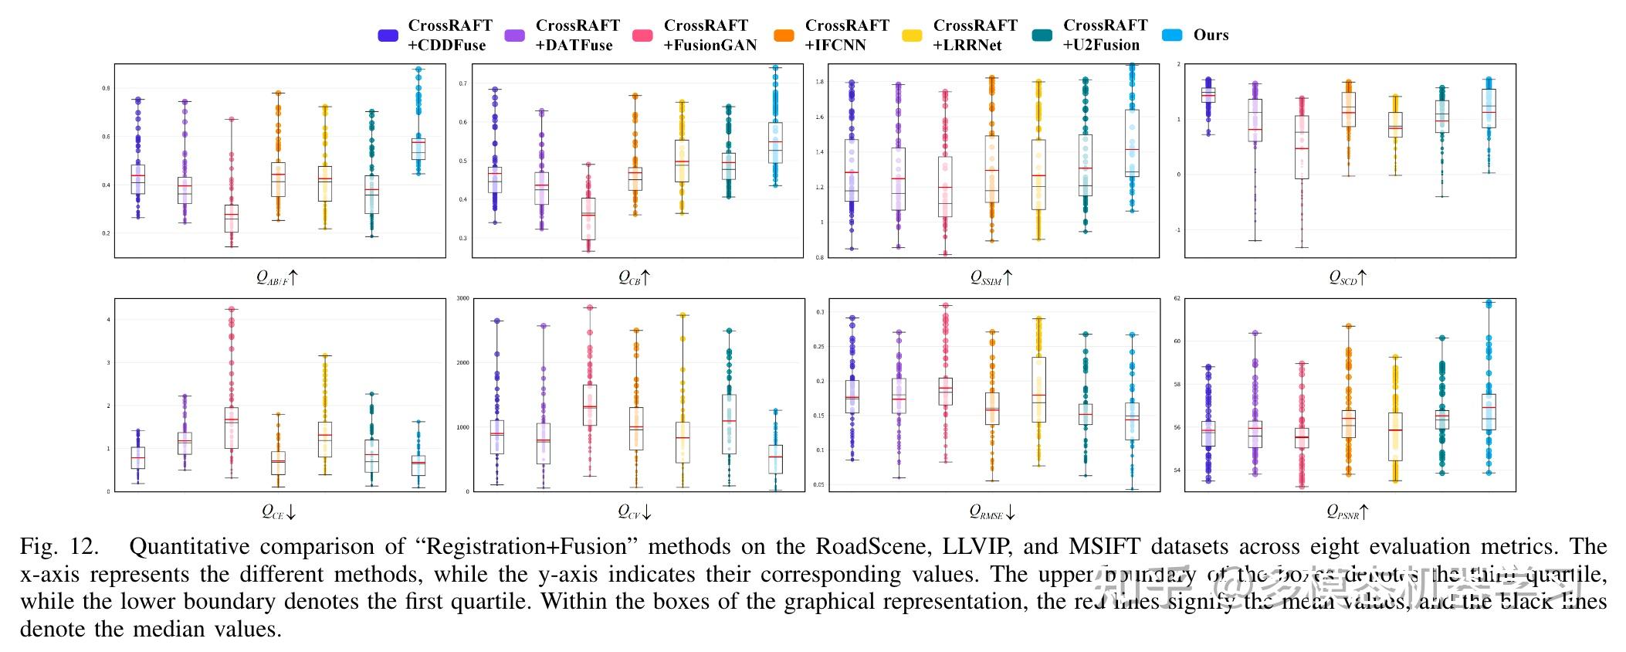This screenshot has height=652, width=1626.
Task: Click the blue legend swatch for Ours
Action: click(1172, 36)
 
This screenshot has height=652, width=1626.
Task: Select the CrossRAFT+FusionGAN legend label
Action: click(710, 36)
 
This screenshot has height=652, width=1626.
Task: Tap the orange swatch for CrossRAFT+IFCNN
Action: click(784, 36)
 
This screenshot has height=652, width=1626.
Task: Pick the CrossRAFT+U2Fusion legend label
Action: click(1104, 36)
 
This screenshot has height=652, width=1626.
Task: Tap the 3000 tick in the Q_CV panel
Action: click(463, 298)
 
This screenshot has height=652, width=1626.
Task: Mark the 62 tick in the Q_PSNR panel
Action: click(1177, 298)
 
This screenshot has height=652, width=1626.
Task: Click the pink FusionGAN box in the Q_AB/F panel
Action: click(231, 218)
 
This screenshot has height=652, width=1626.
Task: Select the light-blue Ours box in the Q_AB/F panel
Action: click(418, 148)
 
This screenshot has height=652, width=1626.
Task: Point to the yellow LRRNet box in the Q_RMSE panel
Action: click(1038, 389)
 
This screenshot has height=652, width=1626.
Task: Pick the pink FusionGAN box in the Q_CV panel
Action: click(590, 405)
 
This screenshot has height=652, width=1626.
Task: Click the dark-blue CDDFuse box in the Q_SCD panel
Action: click(1208, 94)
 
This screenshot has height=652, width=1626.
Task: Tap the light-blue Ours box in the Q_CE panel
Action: click(418, 465)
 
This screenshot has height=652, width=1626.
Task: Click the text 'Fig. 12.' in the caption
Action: click(59, 547)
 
